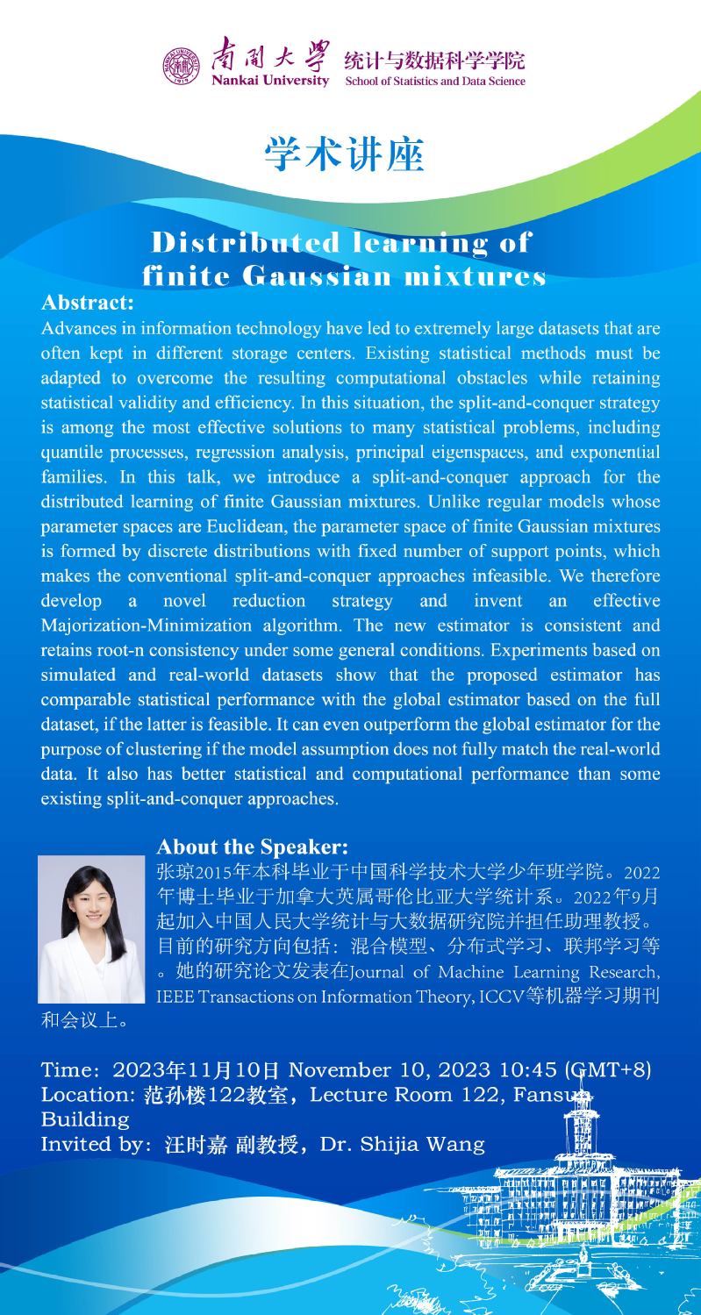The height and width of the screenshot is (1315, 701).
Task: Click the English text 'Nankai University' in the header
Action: pos(270,82)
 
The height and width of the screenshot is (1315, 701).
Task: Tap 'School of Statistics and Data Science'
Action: pos(435,82)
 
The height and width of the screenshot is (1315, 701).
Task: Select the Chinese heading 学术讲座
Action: pos(344,154)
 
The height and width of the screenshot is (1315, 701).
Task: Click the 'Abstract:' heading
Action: pos(87,304)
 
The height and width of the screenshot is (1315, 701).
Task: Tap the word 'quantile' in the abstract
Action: pos(70,452)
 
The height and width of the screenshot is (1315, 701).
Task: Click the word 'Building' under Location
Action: pos(85,1120)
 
